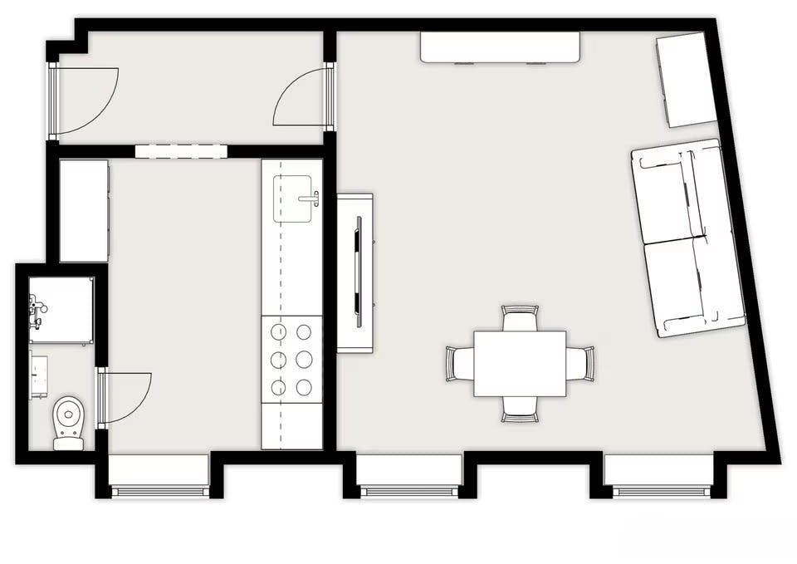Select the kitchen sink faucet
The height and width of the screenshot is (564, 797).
click(x=311, y=198)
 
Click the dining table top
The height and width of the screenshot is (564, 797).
click(x=520, y=363)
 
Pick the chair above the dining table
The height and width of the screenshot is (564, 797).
click(x=520, y=317)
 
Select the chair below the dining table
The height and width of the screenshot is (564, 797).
click(x=520, y=408)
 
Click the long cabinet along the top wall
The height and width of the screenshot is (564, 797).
click(x=500, y=47)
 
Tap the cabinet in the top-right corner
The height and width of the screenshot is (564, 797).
click(x=686, y=80)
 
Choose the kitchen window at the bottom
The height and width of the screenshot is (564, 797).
click(x=159, y=477)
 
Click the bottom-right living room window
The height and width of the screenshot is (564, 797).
click(x=658, y=477)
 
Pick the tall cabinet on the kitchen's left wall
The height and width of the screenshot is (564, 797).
click(x=84, y=211)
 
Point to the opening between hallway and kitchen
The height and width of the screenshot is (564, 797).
click(x=181, y=151)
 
